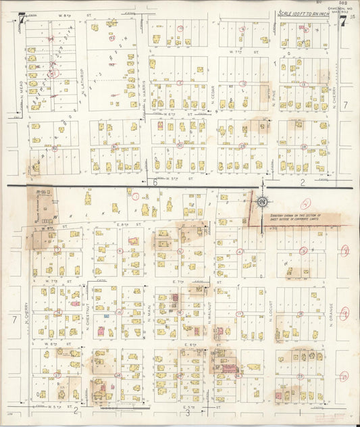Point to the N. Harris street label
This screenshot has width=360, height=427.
point(145,99)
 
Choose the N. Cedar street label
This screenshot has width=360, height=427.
point(212,99)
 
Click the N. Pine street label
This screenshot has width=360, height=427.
point(275,99)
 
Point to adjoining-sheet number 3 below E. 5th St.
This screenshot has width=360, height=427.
point(188,413)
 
